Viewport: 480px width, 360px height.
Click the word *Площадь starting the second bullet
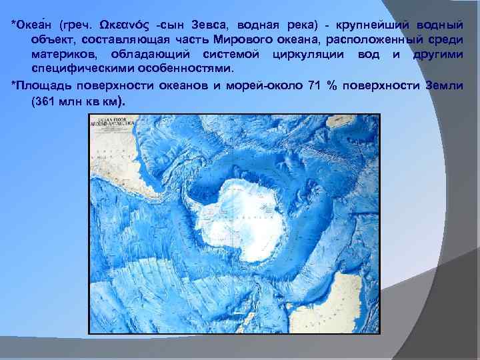41,85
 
